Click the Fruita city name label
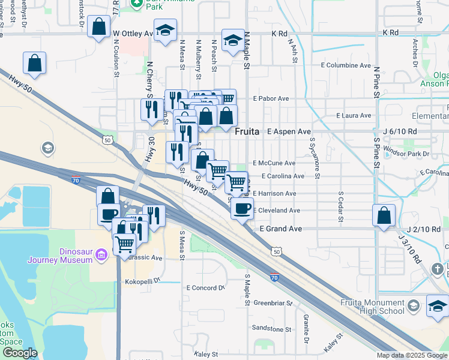247,131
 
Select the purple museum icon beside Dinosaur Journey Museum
100,256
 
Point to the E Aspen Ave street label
289,131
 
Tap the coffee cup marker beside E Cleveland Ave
242,208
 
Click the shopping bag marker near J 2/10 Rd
384,215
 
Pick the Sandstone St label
271,329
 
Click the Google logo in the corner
20,353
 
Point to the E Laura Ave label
355,115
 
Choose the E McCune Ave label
274,163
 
